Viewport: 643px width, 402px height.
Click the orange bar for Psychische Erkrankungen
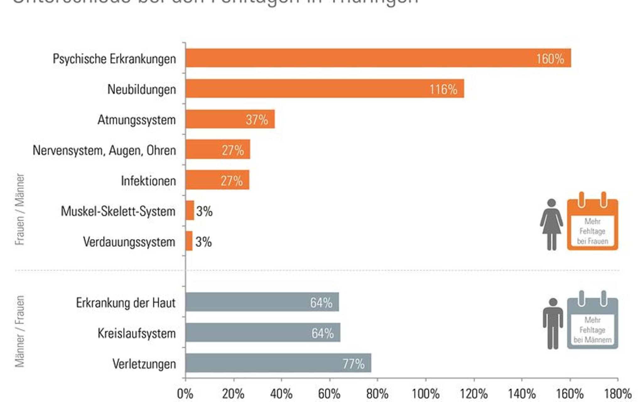tap(361, 58)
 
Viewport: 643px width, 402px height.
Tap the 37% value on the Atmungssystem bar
tap(257, 120)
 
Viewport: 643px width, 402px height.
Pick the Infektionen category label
tap(148, 181)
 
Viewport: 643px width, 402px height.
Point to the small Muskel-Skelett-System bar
tap(190, 210)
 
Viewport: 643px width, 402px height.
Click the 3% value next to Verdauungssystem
tap(203, 242)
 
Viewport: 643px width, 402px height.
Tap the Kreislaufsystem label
tap(136, 333)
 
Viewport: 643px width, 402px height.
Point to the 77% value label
tap(354, 364)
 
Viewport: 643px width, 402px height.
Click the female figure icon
tap(551, 224)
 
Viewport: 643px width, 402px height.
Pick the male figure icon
tap(553, 323)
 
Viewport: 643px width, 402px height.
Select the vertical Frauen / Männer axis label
tap(20, 209)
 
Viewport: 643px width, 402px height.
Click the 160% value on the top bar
tap(550, 59)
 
